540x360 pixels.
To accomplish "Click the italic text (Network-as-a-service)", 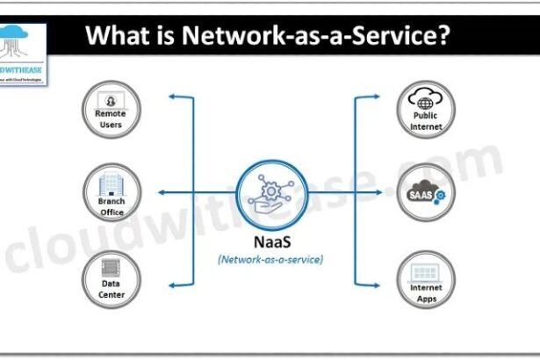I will (270, 259).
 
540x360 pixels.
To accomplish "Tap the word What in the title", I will (116, 38).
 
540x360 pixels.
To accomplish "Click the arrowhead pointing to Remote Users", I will (172, 97).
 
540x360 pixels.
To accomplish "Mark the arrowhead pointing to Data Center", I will (172, 285).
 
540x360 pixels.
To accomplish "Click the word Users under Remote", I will (111, 125).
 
